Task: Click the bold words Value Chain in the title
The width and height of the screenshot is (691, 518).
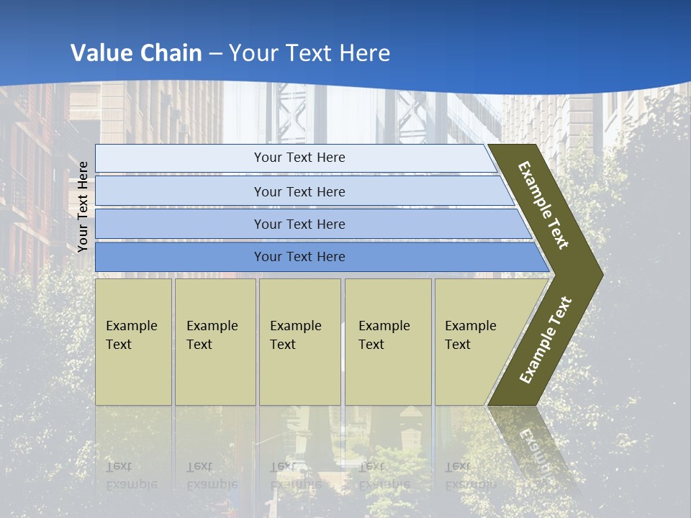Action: pyautogui.click(x=136, y=53)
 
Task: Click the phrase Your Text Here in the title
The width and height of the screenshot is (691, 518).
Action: pyautogui.click(x=310, y=53)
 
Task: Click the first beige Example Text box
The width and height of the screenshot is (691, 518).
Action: pyautogui.click(x=133, y=342)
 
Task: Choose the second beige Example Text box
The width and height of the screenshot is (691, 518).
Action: pyautogui.click(x=214, y=342)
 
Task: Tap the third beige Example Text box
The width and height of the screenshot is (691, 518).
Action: pyautogui.click(x=299, y=342)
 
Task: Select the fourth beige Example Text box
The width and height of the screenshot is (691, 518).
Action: pyautogui.click(x=388, y=342)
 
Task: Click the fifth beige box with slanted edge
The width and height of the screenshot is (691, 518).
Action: pyautogui.click(x=475, y=342)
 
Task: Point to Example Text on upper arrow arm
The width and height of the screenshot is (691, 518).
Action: pyautogui.click(x=543, y=205)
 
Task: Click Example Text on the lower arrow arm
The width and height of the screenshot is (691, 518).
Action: pyautogui.click(x=546, y=340)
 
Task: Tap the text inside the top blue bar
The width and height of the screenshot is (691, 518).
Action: pyautogui.click(x=299, y=158)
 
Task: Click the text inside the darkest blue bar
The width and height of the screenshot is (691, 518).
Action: pyautogui.click(x=299, y=257)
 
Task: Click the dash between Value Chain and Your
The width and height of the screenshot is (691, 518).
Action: pyautogui.click(x=215, y=54)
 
